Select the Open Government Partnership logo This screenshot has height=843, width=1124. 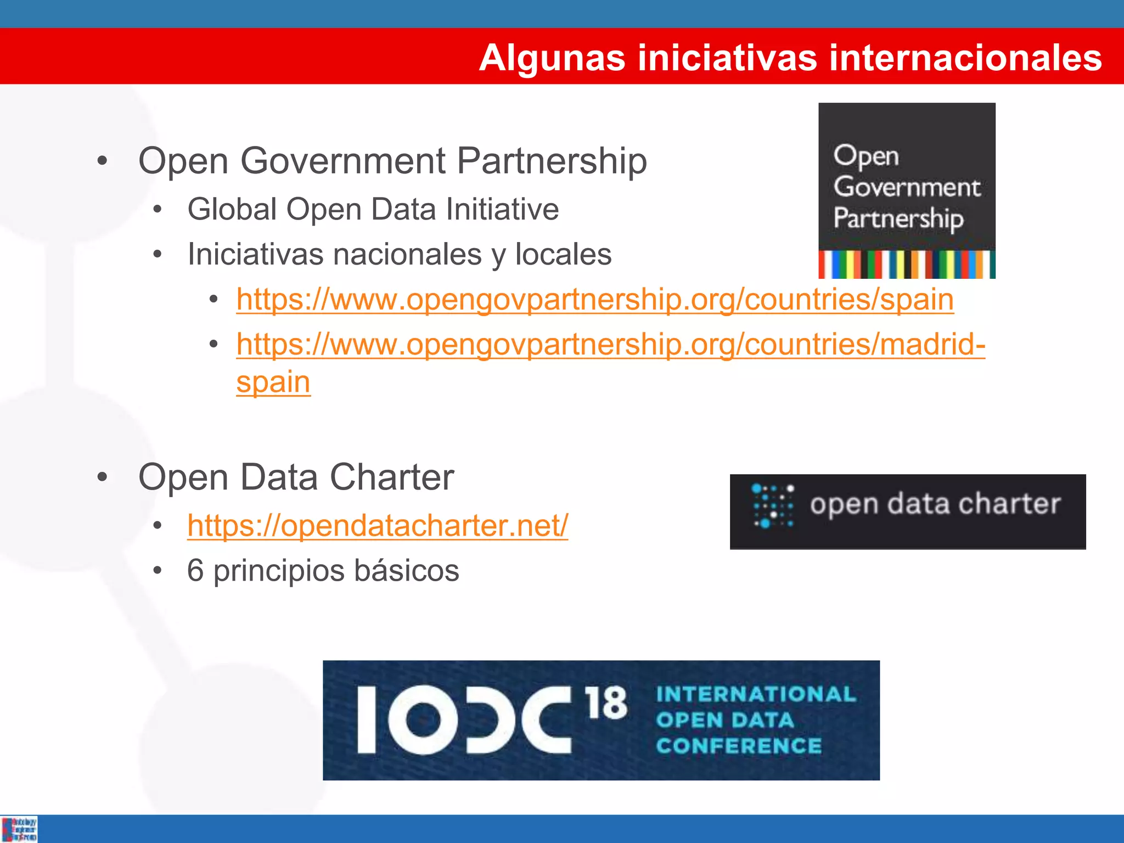pos(907,190)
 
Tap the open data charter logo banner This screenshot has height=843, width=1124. pos(907,512)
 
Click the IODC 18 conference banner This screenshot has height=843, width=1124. pos(601,720)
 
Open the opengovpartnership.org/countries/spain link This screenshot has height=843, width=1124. pos(595,300)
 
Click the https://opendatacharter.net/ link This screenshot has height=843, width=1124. pos(378,526)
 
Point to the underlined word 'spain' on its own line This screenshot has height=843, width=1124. pos(273,382)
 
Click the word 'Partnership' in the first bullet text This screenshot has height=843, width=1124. pos(552,161)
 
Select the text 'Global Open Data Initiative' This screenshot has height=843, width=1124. pos(373,210)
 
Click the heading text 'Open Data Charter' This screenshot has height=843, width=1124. pos(296,477)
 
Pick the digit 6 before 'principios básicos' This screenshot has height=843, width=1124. pos(195,571)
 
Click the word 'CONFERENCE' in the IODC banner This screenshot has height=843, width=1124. pos(739,746)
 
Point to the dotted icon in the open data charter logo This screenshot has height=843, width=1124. pos(773,506)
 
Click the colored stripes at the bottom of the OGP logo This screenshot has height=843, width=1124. pos(907,265)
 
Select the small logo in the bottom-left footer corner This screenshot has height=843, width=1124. pos(20,829)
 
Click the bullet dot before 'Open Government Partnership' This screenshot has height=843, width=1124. pos(102,161)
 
